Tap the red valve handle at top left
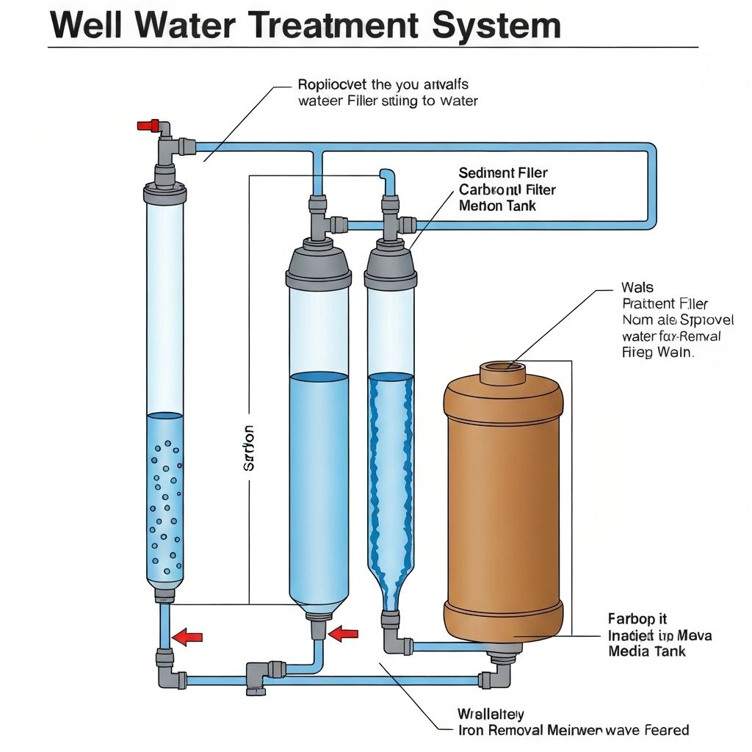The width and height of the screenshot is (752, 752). pyautogui.click(x=150, y=126)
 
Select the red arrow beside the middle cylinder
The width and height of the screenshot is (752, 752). pyautogui.click(x=343, y=633)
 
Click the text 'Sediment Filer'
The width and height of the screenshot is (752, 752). pyautogui.click(x=503, y=173)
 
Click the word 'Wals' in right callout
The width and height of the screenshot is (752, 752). pyautogui.click(x=637, y=288)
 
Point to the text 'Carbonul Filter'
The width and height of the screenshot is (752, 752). pyautogui.click(x=507, y=189)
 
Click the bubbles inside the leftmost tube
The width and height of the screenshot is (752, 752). pyautogui.click(x=164, y=507)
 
